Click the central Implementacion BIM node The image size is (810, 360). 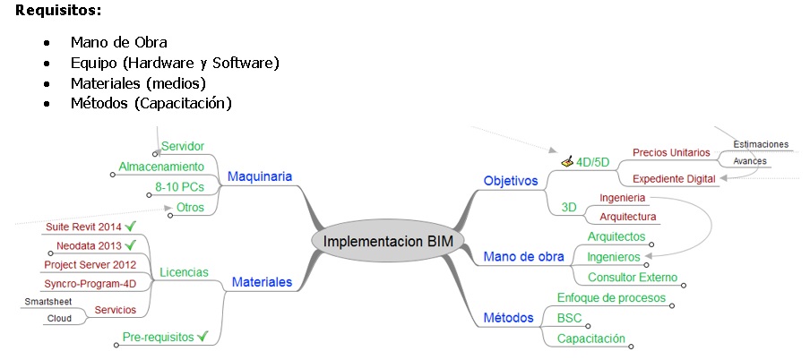coord(388,241)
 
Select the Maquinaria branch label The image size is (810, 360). coord(260,176)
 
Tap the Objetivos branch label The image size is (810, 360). coord(511,181)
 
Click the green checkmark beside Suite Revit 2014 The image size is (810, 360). coord(131,226)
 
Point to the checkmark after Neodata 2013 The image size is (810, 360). coord(131,244)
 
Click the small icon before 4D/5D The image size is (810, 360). coord(566,162)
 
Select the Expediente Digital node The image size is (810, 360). coord(674,179)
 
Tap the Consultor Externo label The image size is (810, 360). coord(633,278)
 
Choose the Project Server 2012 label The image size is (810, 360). coord(90,265)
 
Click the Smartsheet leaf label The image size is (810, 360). coord(48,302)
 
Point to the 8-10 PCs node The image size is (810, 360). coord(179,187)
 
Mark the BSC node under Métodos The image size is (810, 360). coord(569,318)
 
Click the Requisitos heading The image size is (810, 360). coord(58,11)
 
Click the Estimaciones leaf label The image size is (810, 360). coord(761,144)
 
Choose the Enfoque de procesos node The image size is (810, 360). coord(611,298)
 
